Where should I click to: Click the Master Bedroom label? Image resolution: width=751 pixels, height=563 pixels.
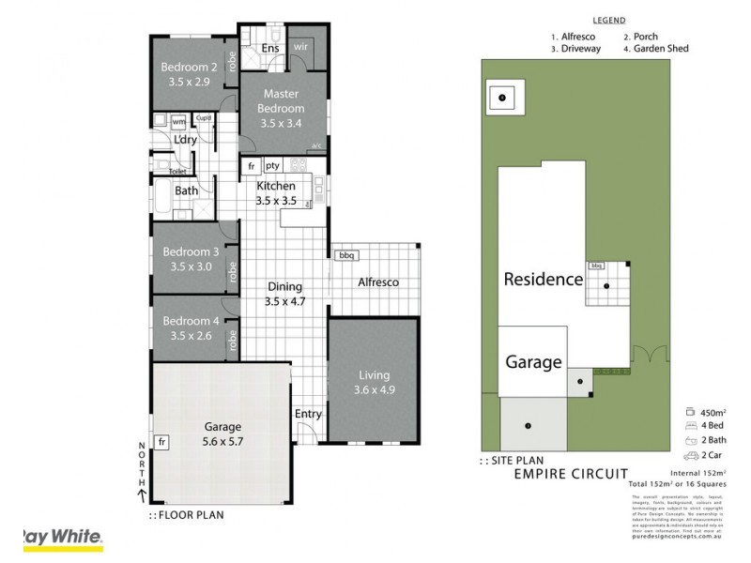(282, 101)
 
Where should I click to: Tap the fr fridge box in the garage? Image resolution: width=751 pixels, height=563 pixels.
(162, 441)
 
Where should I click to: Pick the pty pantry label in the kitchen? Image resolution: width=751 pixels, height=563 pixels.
(273, 166)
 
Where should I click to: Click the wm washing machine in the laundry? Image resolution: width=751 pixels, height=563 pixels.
(178, 121)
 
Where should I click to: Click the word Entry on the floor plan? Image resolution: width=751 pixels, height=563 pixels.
(307, 414)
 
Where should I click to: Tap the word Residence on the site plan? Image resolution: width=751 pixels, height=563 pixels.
(543, 279)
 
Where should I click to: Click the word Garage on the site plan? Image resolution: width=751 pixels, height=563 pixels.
(533, 361)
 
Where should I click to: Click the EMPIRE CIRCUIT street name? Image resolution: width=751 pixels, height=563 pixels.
(570, 474)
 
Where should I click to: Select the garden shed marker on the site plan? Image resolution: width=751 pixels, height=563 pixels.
(503, 98)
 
